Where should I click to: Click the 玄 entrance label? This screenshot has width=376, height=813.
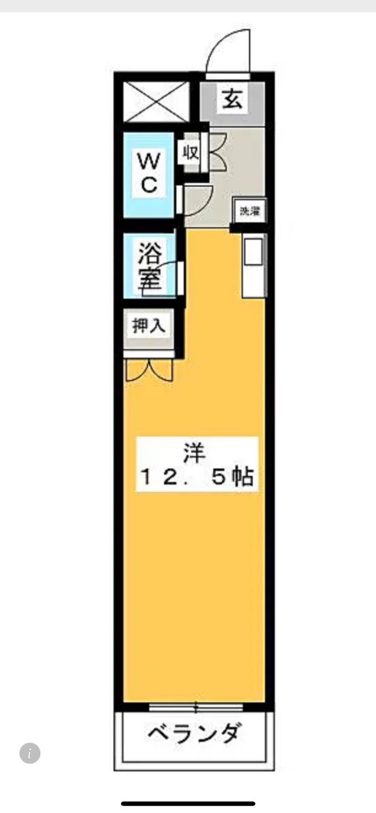pyautogui.click(x=233, y=99)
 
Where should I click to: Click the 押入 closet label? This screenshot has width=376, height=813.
pyautogui.click(x=149, y=325)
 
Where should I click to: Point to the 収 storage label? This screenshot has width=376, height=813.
pyautogui.click(x=190, y=152)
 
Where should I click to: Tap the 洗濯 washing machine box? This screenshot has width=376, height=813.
pyautogui.click(x=249, y=211)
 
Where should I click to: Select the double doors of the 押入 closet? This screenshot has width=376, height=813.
pyautogui.click(x=149, y=370)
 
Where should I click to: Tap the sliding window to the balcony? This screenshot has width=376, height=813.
pyautogui.click(x=196, y=708)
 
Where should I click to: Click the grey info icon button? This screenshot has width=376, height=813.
pyautogui.click(x=30, y=753)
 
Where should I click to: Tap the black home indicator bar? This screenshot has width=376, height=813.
pyautogui.click(x=188, y=803)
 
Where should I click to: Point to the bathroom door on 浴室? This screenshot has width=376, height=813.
pyautogui.click(x=180, y=278)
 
